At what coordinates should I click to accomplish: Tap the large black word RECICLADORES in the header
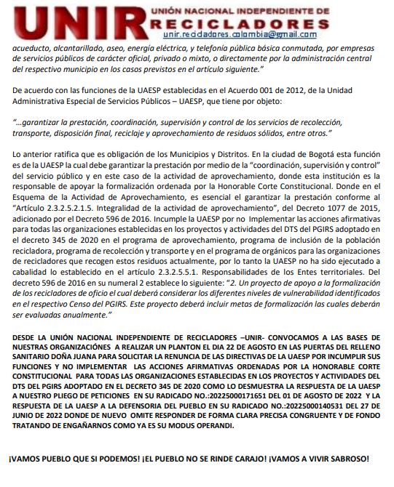[240, 23]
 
